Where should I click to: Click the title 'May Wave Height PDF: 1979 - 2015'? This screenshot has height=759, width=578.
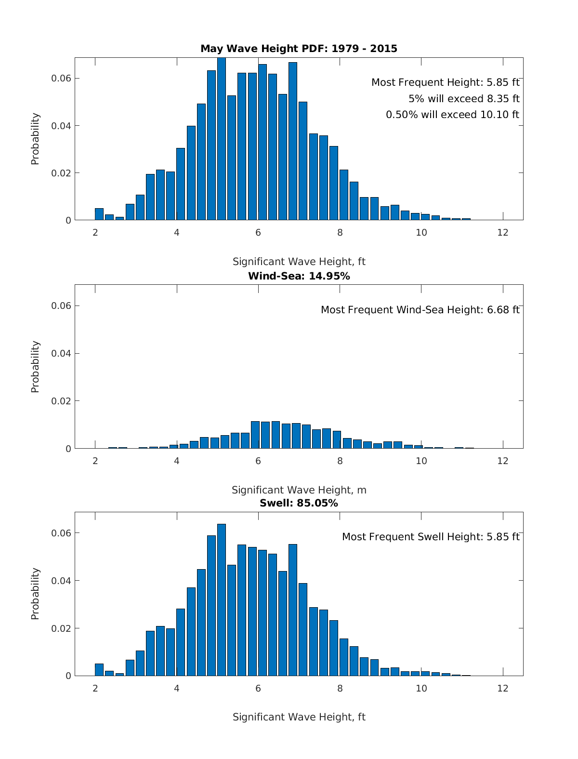[299, 49]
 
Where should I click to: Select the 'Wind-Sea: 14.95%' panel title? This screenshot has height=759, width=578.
[299, 276]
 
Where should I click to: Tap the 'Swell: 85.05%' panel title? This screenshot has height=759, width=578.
[299, 503]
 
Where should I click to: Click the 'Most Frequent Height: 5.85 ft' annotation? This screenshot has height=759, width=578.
[445, 82]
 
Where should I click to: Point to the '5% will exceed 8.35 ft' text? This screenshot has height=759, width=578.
[464, 99]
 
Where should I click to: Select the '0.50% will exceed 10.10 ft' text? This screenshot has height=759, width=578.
[452, 115]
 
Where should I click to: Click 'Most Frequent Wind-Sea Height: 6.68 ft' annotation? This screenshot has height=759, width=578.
[420, 310]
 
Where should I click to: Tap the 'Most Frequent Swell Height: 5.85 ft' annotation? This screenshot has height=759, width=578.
[431, 537]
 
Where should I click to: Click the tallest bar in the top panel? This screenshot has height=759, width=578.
[222, 140]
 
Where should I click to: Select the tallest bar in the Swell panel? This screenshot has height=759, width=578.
[222, 600]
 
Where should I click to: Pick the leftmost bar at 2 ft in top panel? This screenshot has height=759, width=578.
[99, 214]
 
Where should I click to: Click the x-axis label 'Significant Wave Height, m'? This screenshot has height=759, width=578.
[299, 490]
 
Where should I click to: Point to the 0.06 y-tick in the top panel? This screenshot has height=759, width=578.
[61, 79]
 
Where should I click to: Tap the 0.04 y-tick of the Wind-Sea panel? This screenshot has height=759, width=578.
[61, 354]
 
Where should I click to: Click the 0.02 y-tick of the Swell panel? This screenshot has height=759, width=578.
[61, 628]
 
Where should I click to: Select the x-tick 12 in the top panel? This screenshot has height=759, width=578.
[503, 233]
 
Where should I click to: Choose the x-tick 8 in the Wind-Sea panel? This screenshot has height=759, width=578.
[340, 461]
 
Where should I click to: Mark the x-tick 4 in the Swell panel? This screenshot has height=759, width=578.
[177, 688]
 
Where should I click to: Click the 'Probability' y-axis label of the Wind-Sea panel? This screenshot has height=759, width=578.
[35, 367]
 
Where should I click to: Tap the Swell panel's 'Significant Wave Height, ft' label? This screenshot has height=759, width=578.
[299, 717]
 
